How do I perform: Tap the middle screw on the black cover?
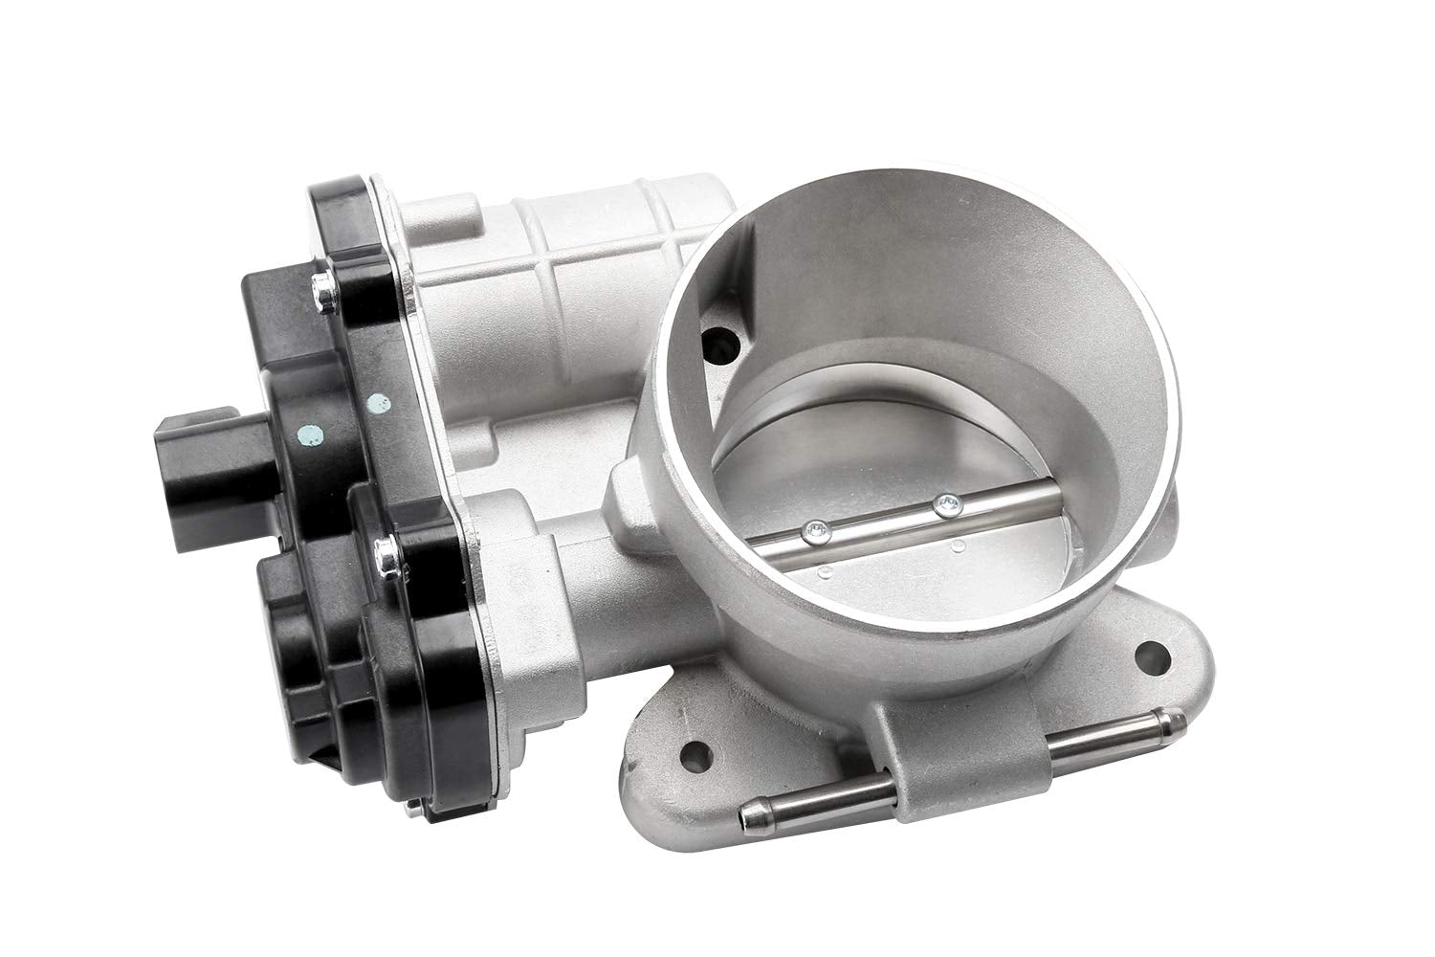tap(384, 547)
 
